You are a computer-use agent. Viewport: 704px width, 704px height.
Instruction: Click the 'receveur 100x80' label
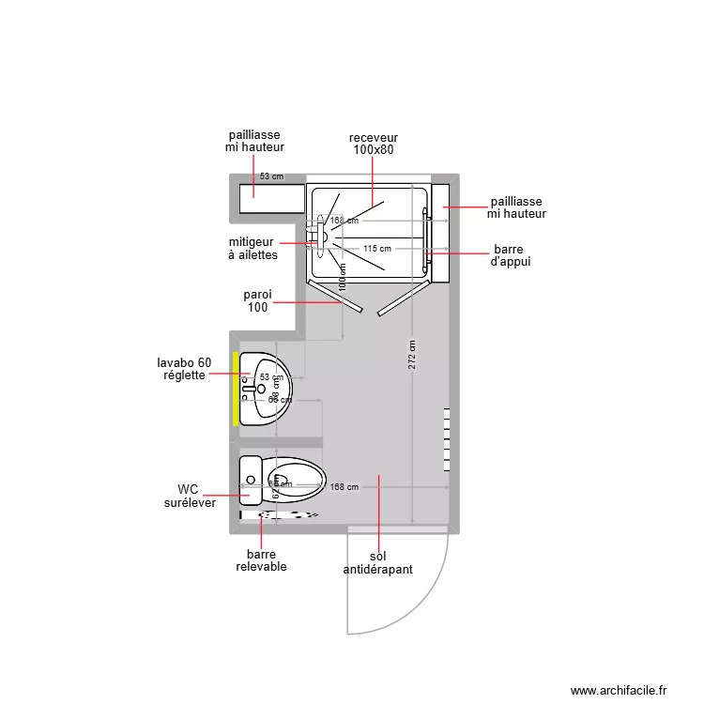tap(374, 144)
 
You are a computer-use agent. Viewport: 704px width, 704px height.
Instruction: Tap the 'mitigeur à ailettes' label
tap(253, 249)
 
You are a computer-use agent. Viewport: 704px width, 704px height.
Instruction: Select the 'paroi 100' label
tap(258, 301)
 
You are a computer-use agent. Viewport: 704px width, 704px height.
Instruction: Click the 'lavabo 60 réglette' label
tap(184, 369)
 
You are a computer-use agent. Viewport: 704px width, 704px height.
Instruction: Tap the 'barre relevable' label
tap(261, 560)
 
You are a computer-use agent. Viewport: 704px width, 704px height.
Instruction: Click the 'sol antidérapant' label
tap(377, 563)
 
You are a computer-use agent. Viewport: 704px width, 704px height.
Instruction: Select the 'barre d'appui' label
tap(511, 256)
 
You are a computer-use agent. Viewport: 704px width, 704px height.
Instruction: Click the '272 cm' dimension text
tap(412, 355)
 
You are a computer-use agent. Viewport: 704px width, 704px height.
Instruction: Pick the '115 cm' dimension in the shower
tap(376, 249)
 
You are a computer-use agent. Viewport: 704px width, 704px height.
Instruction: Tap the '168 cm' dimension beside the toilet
tap(344, 487)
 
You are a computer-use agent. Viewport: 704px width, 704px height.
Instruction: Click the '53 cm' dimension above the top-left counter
tap(271, 176)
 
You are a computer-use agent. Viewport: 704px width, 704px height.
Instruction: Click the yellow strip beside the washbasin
tap(235, 389)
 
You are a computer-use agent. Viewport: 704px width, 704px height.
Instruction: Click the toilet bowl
tap(295, 480)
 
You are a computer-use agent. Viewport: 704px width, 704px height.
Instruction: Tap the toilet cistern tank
tap(250, 481)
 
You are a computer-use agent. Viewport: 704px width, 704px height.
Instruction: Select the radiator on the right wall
tap(448, 439)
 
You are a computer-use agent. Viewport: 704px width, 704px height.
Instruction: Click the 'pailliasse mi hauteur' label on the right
tap(516, 208)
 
